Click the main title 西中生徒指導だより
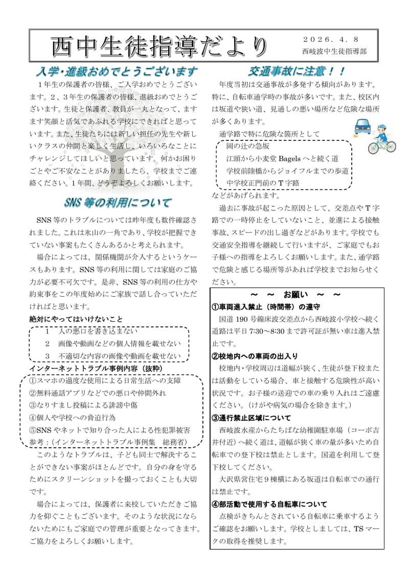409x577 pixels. coord(159,47)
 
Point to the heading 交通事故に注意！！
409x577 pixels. coord(297,71)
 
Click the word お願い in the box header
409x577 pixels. coord(296,295)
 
